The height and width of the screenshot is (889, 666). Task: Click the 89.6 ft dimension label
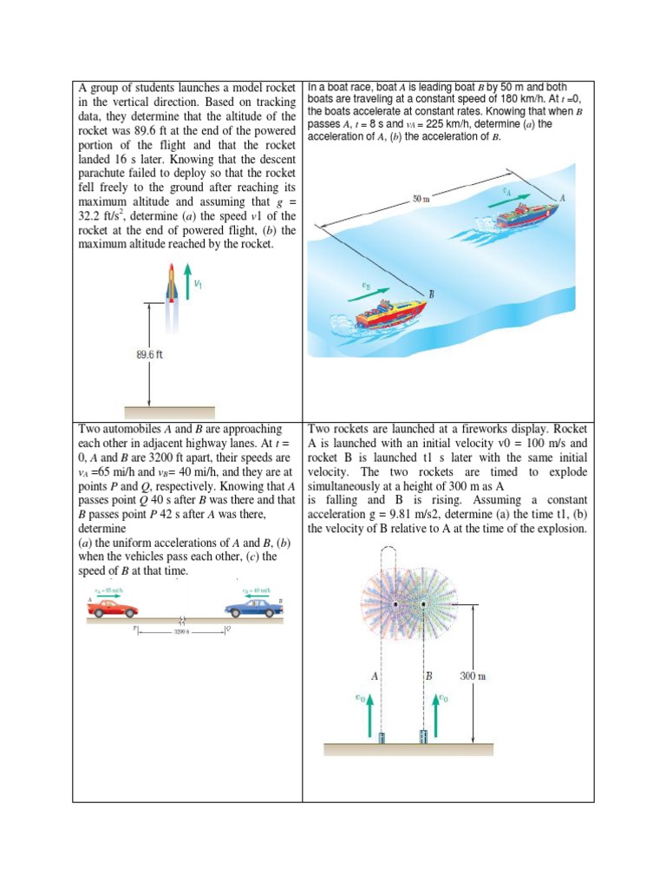(x=150, y=356)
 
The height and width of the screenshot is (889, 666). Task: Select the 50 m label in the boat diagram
(x=422, y=199)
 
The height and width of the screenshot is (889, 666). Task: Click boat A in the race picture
(x=527, y=214)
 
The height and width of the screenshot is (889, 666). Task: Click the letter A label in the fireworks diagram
(x=375, y=675)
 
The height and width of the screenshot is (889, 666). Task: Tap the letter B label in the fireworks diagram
(x=428, y=675)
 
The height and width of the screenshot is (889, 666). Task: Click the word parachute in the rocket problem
(x=106, y=174)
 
